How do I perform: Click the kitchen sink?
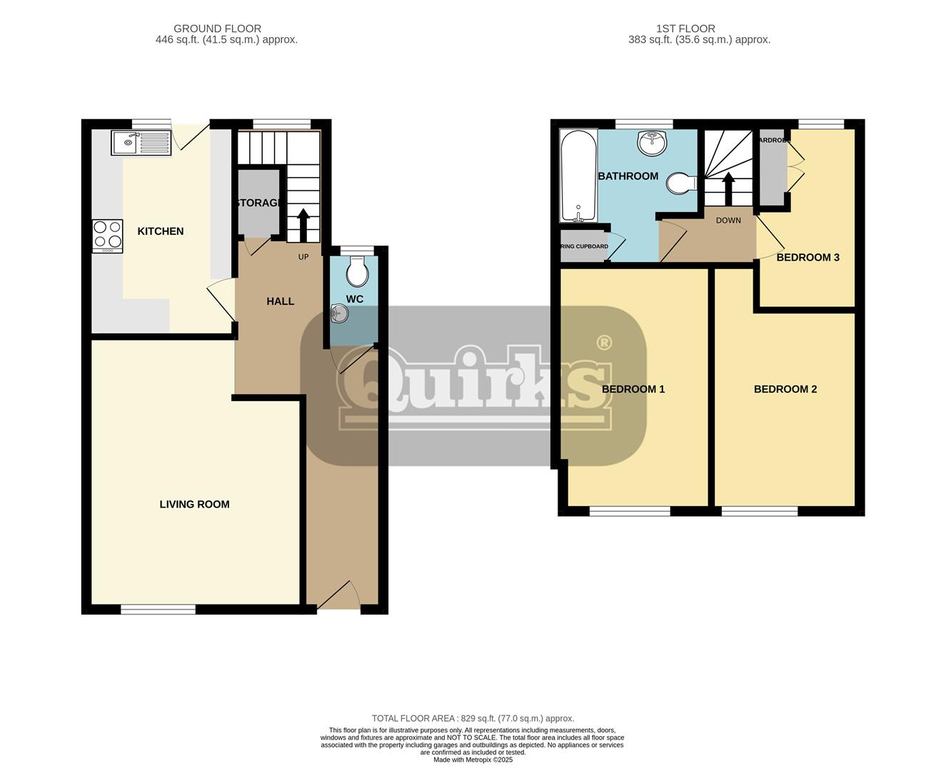[x=141, y=143]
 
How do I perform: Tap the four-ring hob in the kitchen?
[x=107, y=236]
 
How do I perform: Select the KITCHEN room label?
[x=161, y=231]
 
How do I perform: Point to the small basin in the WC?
[x=340, y=313]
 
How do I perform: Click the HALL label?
[x=281, y=301]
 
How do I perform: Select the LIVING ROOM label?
[x=194, y=504]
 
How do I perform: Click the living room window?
[x=158, y=609]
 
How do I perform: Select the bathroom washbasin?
[x=652, y=143]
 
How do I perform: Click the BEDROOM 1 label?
[x=633, y=389]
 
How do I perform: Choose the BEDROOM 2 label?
[x=785, y=389]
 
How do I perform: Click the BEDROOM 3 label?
[x=807, y=257]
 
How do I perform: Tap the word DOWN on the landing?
[x=728, y=221]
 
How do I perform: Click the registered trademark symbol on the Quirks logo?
[x=603, y=343]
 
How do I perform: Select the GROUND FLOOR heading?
[x=217, y=29]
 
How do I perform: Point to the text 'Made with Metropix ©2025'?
[x=473, y=760]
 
